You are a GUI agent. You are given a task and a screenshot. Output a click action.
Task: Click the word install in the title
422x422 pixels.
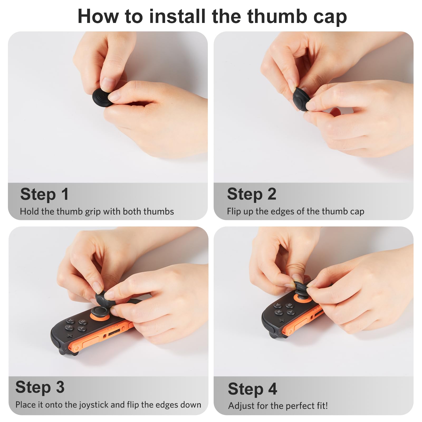pos(177,16)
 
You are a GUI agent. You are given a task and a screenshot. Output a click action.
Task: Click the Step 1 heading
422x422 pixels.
pos(44,194)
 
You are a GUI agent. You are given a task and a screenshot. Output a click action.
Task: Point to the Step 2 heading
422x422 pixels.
pos(252,194)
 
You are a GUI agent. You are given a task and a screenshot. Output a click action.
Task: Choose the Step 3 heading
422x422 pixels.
pos(40,387)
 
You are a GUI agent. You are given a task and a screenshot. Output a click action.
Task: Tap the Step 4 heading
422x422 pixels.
pos(252,389)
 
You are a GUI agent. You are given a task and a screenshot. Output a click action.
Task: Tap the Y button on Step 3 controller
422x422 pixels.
pos(81,328)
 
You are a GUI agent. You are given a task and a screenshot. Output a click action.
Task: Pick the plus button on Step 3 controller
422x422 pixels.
pos(69,336)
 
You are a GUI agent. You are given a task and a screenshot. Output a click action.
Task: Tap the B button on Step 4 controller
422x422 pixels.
pos(290,305)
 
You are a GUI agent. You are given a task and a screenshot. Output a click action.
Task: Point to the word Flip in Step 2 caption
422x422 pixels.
pos(234,212)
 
